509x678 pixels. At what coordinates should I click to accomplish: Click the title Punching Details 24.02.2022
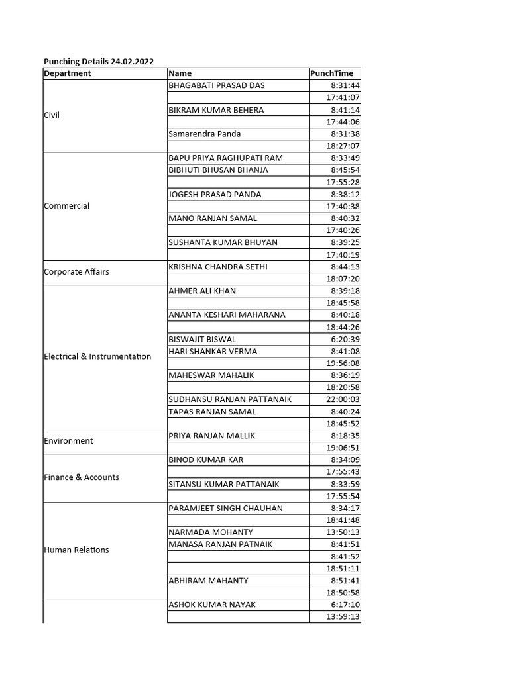click(99, 62)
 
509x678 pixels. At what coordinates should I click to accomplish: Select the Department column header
click(68, 73)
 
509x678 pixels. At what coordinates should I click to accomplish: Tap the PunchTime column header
click(332, 73)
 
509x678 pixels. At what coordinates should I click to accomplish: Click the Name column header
click(180, 73)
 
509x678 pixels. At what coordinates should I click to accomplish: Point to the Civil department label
click(52, 115)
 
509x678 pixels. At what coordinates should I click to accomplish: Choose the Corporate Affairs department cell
click(76, 272)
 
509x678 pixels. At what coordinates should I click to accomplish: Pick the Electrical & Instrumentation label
click(97, 356)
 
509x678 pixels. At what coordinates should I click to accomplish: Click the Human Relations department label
click(76, 550)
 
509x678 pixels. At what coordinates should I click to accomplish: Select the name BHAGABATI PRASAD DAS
click(217, 85)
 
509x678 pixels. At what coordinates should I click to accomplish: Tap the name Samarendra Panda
click(205, 134)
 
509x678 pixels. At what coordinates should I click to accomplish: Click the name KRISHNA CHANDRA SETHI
click(218, 267)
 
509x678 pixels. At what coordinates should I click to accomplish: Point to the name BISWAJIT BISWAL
click(202, 340)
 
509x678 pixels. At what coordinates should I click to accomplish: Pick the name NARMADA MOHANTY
click(211, 532)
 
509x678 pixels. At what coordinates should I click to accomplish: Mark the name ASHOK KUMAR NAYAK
click(212, 605)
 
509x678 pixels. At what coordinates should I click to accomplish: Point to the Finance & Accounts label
click(82, 477)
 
